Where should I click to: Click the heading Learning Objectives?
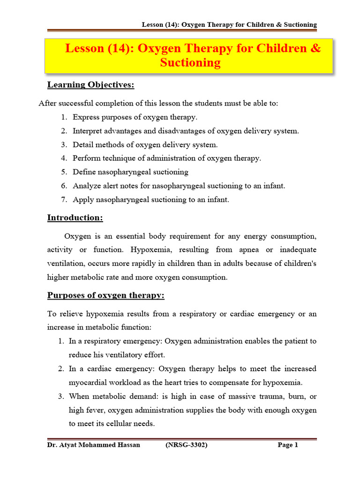point(90,85)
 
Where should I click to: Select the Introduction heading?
point(75,218)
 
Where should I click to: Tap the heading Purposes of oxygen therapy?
point(105,296)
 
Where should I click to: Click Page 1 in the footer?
point(288,445)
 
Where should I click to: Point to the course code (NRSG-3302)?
point(187,445)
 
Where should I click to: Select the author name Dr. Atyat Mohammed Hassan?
point(94,445)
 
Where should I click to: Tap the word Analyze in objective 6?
point(87,186)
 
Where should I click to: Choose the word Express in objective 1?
point(87,117)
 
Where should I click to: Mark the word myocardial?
point(89,382)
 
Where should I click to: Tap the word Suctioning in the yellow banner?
point(190,63)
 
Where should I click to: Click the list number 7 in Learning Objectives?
point(64,200)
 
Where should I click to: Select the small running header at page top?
point(230,24)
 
